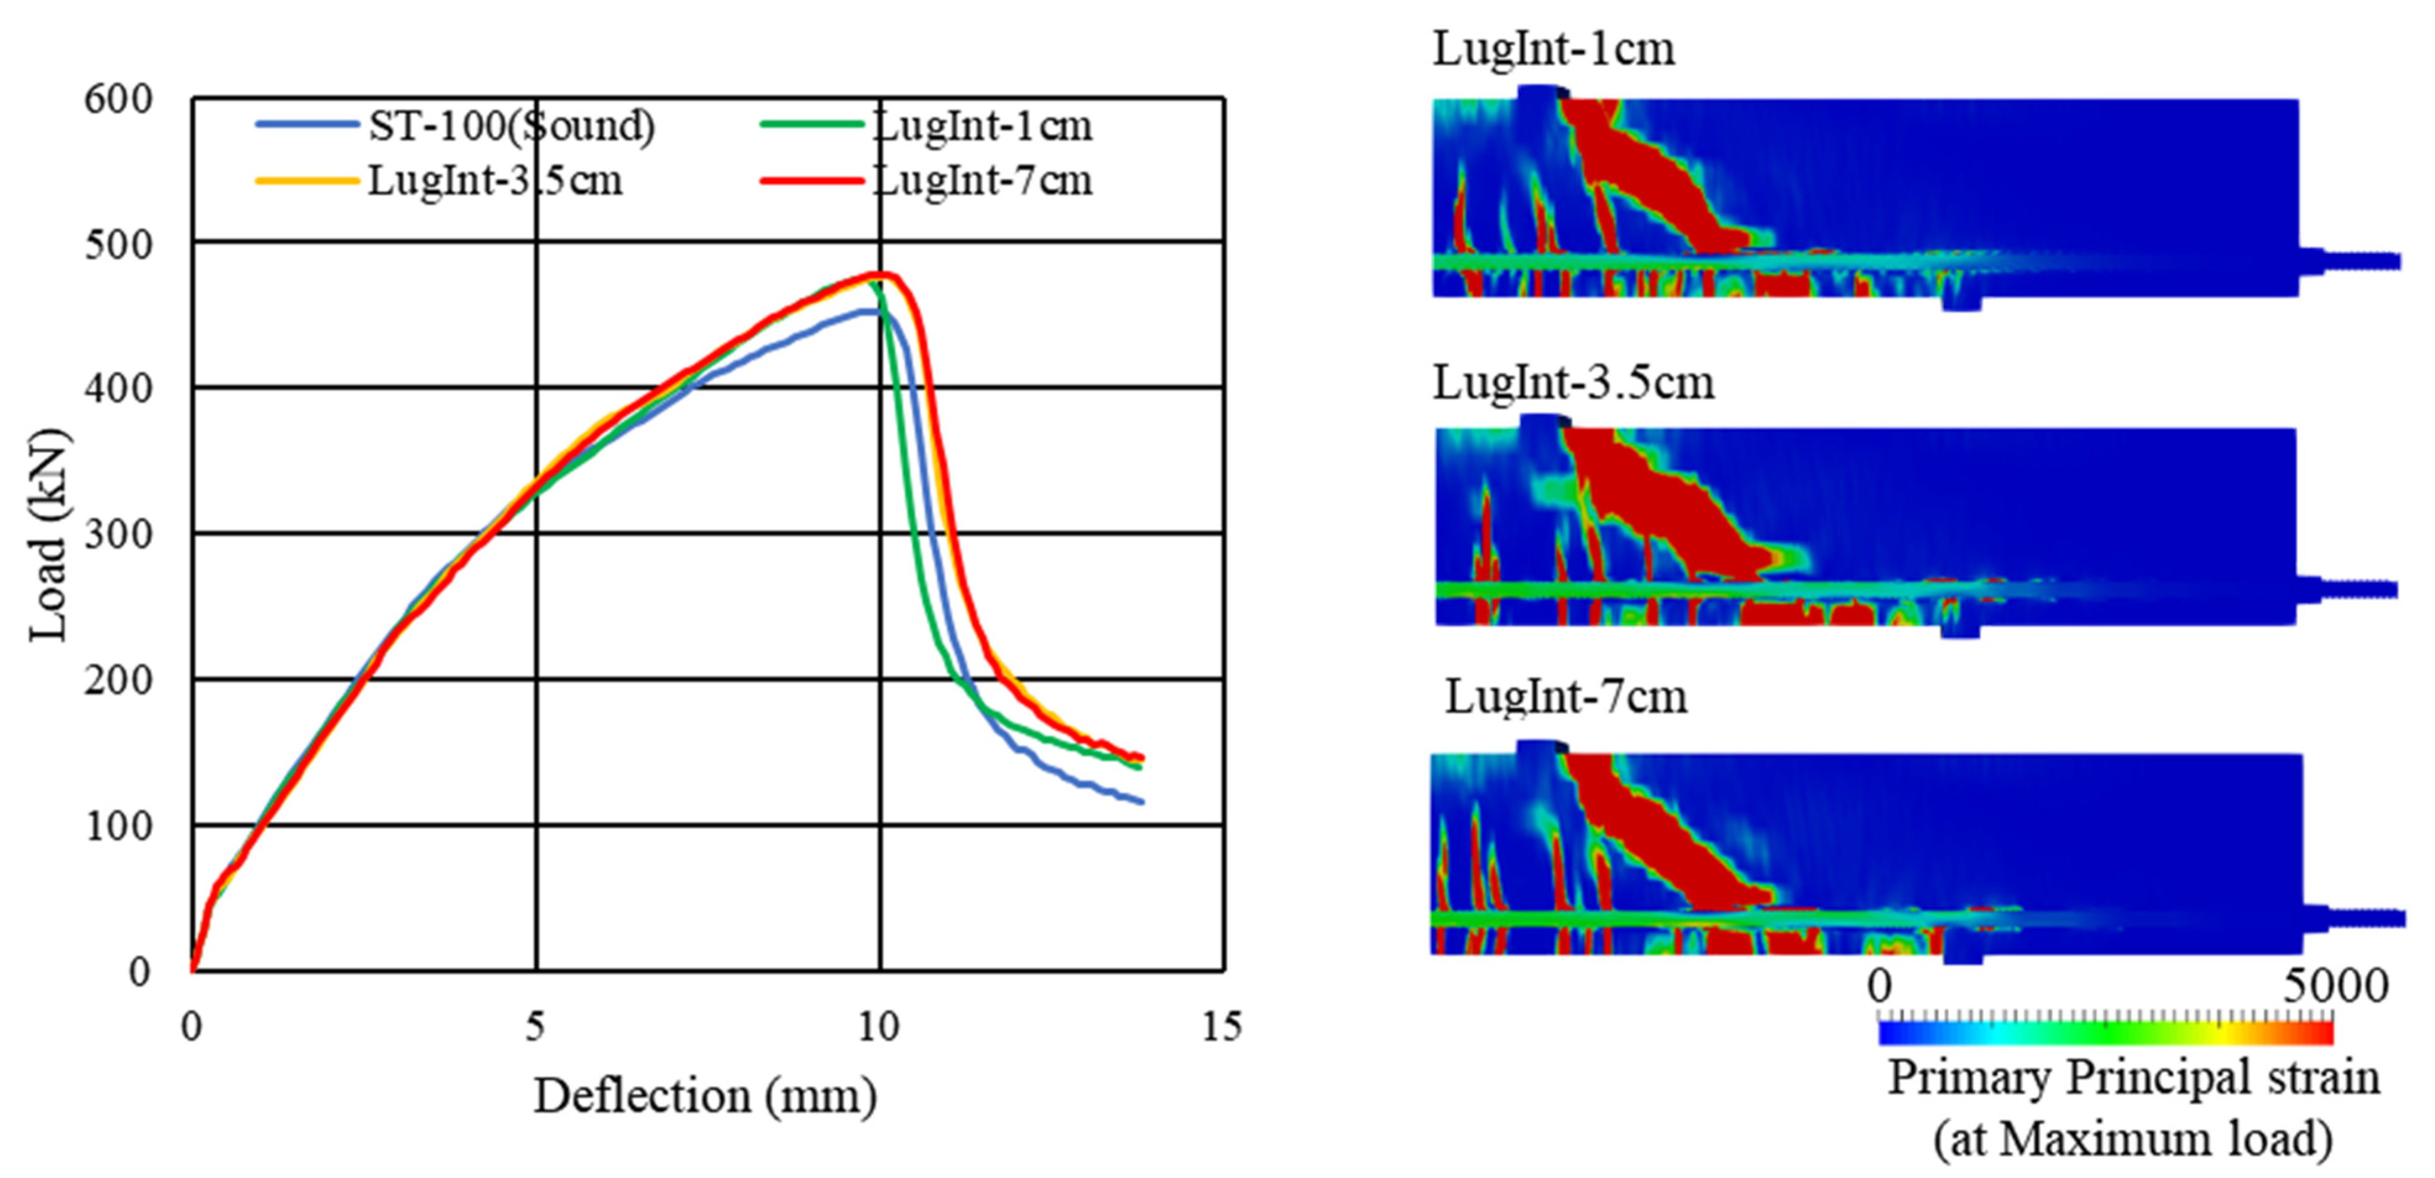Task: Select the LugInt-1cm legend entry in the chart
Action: click(x=926, y=125)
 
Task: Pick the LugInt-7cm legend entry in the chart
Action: click(x=926, y=179)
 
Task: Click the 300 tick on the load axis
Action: click(x=118, y=534)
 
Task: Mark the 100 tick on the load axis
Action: click(x=118, y=826)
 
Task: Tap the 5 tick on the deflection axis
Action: click(x=536, y=1026)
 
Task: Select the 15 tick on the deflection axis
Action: click(x=1222, y=1026)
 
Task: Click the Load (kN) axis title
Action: click(x=47, y=535)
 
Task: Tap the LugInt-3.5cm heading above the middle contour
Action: click(x=1573, y=382)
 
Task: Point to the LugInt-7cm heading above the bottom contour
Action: click(x=1566, y=697)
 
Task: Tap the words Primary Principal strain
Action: click(x=2133, y=1078)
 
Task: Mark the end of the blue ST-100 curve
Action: click(x=1143, y=803)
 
